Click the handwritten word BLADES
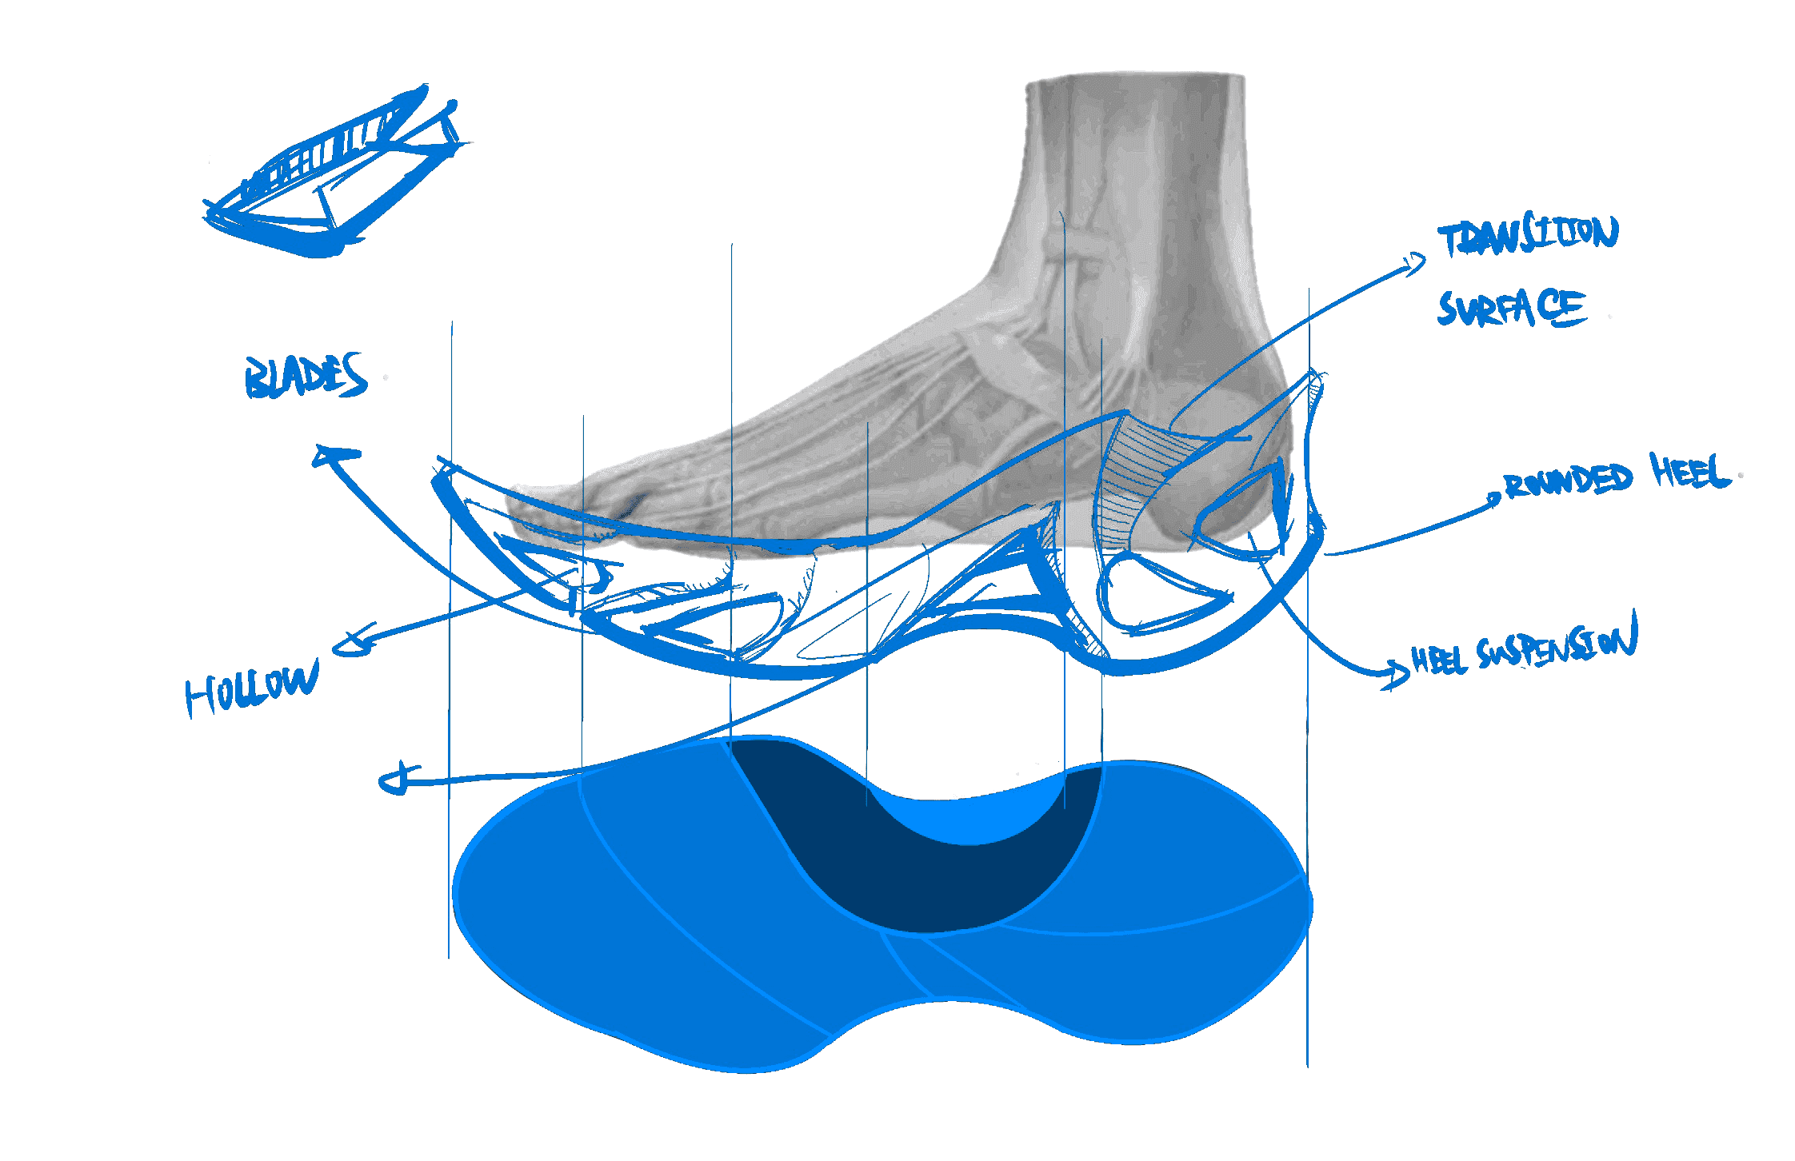306,376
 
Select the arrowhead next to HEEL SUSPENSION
1396,673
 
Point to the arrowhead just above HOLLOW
352,640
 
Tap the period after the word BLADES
386,377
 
